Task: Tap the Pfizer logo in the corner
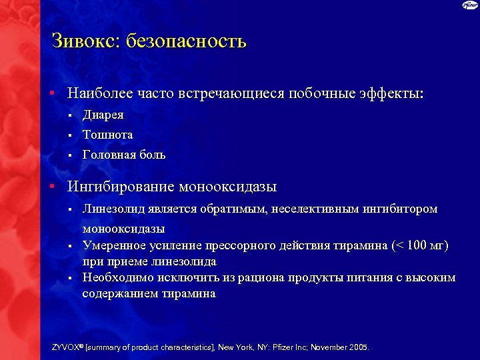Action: (470, 6)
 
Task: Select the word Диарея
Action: (103, 115)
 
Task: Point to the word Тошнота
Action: (107, 135)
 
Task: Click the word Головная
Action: (109, 155)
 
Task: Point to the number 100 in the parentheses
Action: (416, 245)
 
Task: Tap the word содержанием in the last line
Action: (119, 293)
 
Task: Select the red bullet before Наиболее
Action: (51, 94)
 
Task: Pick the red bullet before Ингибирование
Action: (51, 187)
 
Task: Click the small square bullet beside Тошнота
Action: (69, 135)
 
